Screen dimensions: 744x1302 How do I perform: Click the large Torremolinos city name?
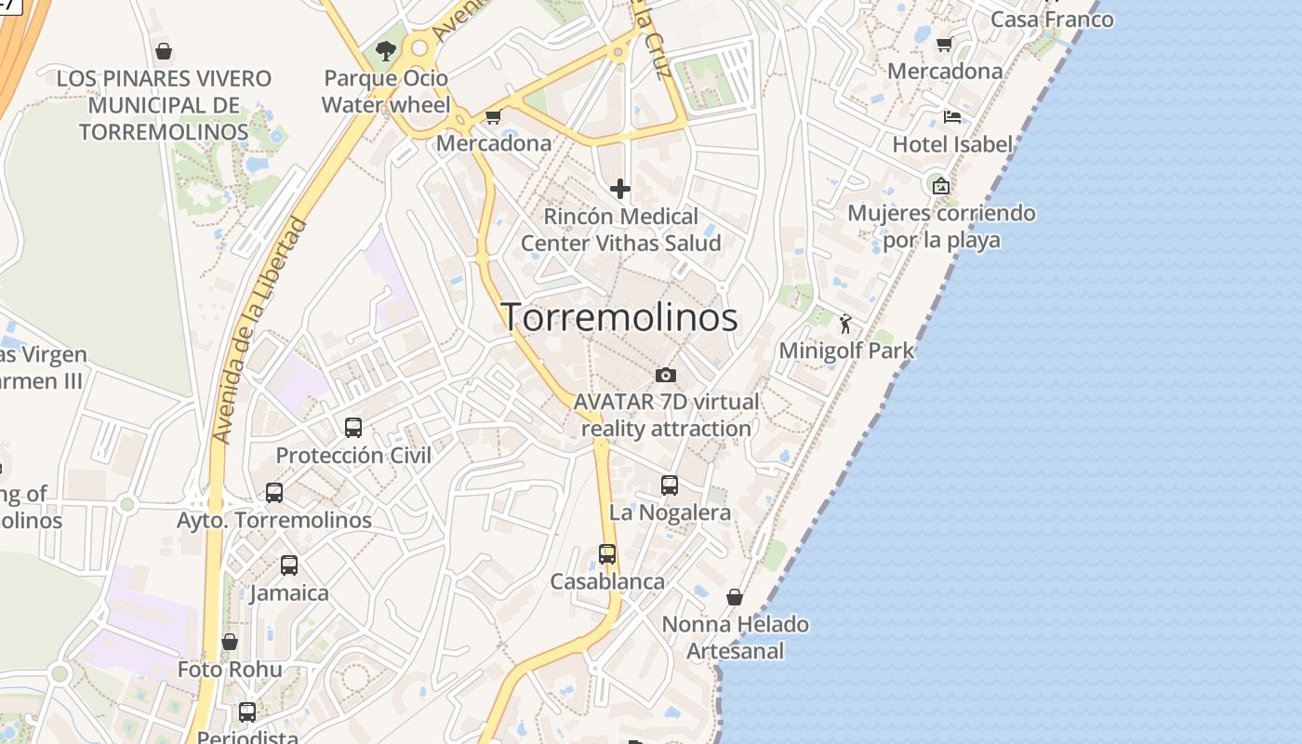[x=619, y=318]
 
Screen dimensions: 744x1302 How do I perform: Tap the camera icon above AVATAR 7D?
[x=666, y=375]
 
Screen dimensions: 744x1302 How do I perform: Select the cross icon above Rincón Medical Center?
[x=620, y=190]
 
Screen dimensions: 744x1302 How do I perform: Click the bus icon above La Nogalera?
[x=670, y=485]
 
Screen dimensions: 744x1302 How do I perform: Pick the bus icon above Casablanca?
[x=607, y=554]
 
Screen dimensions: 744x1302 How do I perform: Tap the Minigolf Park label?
[x=846, y=352]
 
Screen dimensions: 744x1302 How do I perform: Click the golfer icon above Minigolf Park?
[x=845, y=324]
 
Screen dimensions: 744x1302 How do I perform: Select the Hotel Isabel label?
[x=951, y=144]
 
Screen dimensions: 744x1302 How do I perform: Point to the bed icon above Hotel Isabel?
[x=952, y=117]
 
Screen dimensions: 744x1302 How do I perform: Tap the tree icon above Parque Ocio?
[x=386, y=51]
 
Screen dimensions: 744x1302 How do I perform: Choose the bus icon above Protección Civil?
[x=353, y=428]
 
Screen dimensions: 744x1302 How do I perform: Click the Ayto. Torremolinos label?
[x=274, y=520]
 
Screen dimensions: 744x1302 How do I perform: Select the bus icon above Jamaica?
[x=289, y=565]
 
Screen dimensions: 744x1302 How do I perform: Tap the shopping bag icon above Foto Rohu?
[x=230, y=642]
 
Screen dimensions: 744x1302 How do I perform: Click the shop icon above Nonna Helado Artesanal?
[x=735, y=597]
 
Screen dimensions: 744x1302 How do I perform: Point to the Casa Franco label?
[x=1052, y=20]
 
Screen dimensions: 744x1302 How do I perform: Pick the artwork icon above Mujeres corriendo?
[x=941, y=186]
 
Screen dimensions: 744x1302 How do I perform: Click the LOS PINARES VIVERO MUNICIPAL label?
[x=164, y=105]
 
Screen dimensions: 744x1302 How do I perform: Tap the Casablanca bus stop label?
[x=607, y=581]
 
